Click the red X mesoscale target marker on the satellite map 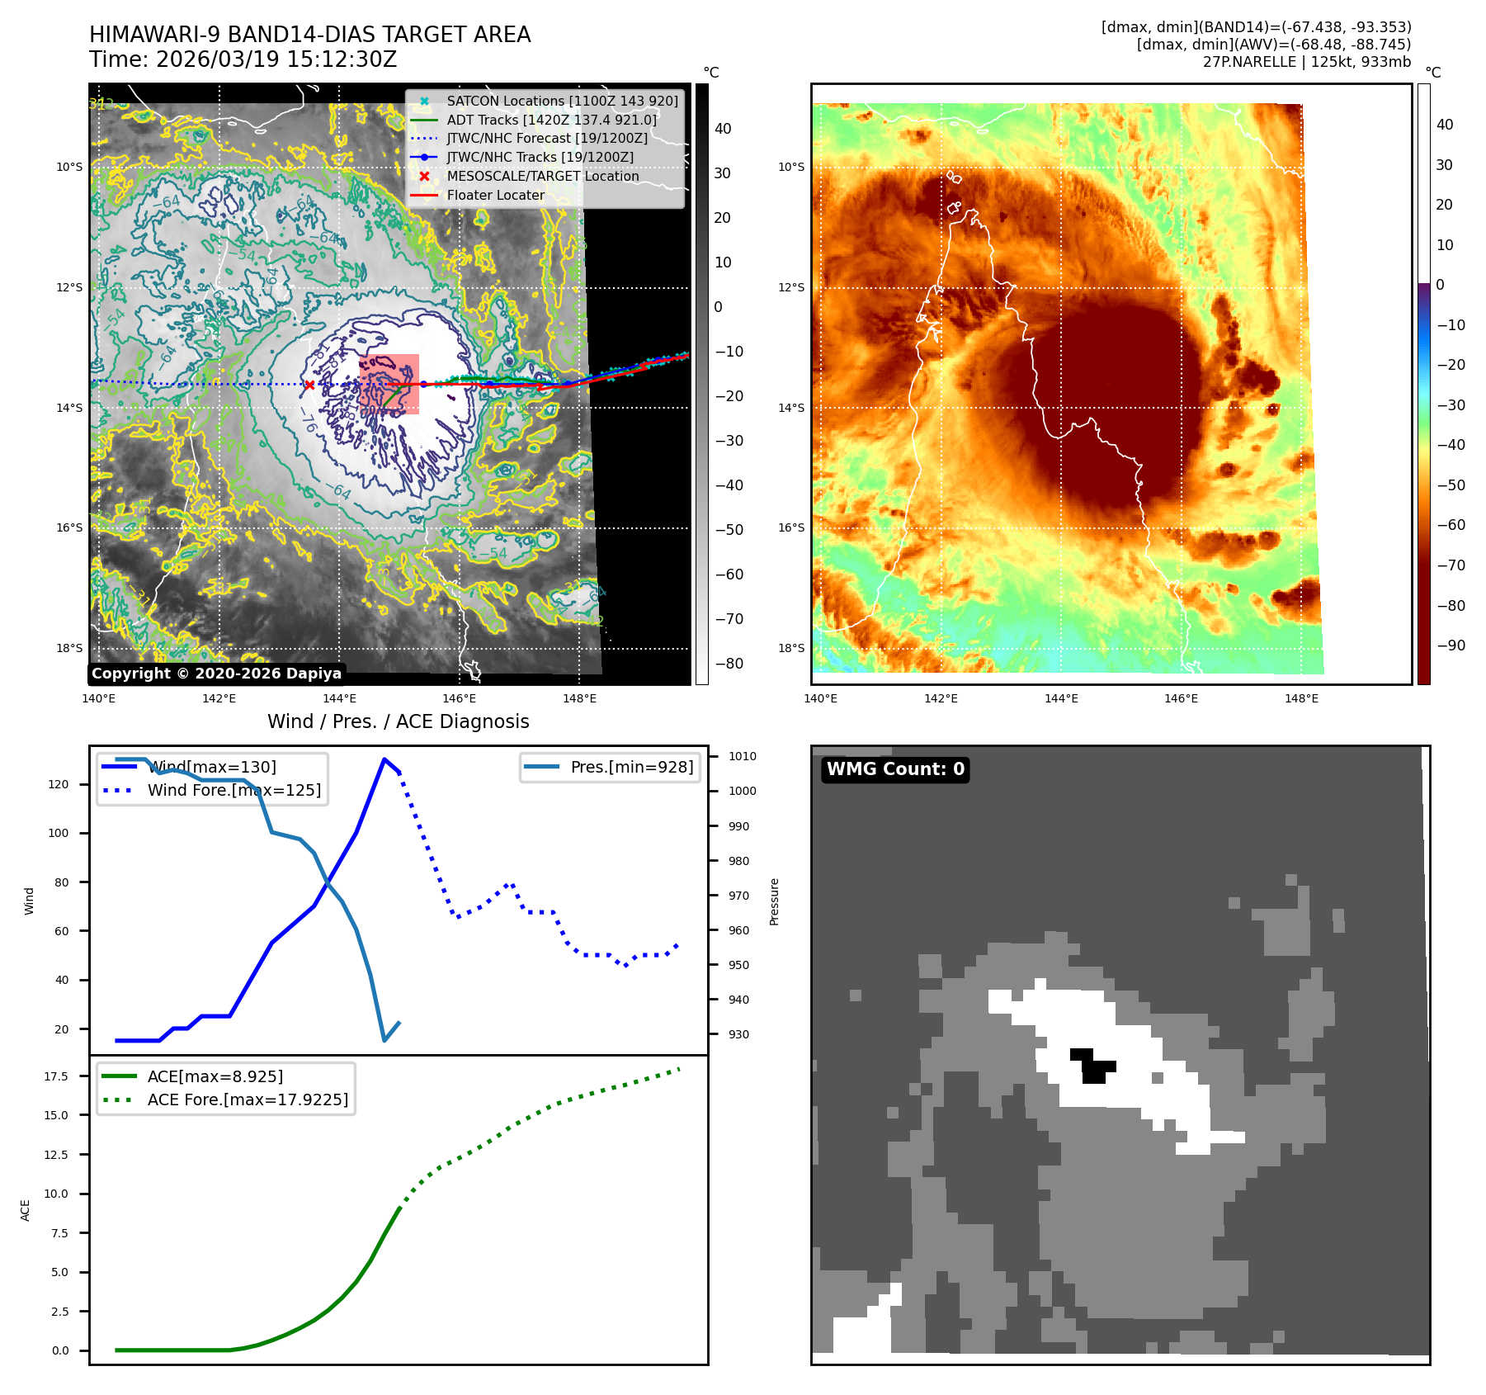[x=309, y=385]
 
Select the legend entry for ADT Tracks [x=551, y=120]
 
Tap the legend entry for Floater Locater [x=495, y=196]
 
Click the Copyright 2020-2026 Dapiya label [x=216, y=674]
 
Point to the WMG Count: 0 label [x=895, y=769]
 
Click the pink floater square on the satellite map [x=389, y=384]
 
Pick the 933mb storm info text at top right [x=1385, y=62]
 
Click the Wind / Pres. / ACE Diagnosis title [x=398, y=721]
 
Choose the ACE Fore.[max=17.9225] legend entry [x=247, y=1099]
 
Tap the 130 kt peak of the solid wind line [x=384, y=759]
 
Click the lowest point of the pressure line [x=384, y=1040]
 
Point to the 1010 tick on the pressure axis [x=742, y=756]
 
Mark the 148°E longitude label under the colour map [x=1301, y=698]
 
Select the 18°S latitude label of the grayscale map [x=69, y=648]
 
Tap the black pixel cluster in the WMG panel [x=1092, y=1066]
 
